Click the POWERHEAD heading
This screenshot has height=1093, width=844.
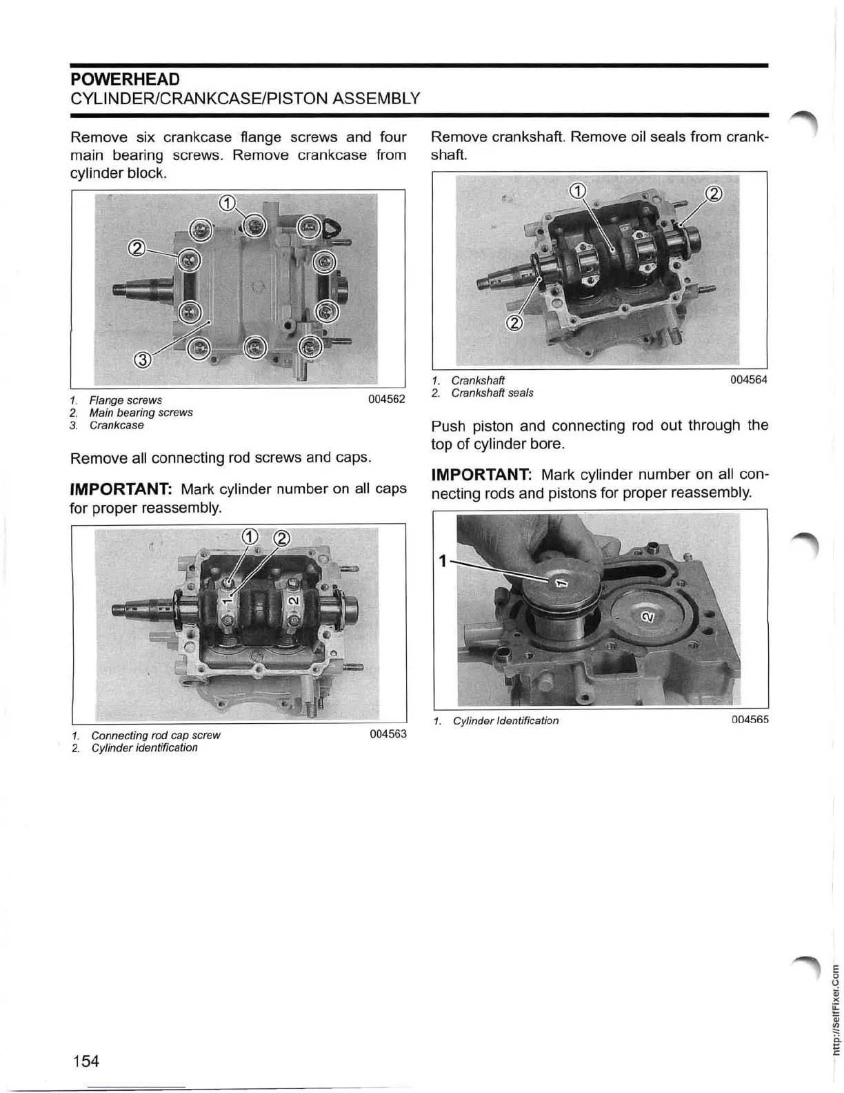(125, 79)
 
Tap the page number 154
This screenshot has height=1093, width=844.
(86, 1061)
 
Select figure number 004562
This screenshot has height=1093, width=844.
(387, 400)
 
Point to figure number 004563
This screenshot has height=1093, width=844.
(388, 734)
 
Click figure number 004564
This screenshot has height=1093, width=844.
(749, 380)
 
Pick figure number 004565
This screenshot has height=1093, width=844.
(750, 720)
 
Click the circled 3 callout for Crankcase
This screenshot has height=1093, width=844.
(141, 358)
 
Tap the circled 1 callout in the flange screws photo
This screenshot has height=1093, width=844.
(228, 203)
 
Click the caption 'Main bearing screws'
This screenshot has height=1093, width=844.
(141, 413)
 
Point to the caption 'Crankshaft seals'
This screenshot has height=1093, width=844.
(492, 393)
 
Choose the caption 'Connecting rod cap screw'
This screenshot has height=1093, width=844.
(155, 736)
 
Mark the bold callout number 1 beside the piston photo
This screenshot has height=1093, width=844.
(442, 560)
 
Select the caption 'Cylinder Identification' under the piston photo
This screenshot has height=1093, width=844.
(505, 721)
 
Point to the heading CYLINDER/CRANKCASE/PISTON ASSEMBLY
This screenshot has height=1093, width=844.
(245, 98)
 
